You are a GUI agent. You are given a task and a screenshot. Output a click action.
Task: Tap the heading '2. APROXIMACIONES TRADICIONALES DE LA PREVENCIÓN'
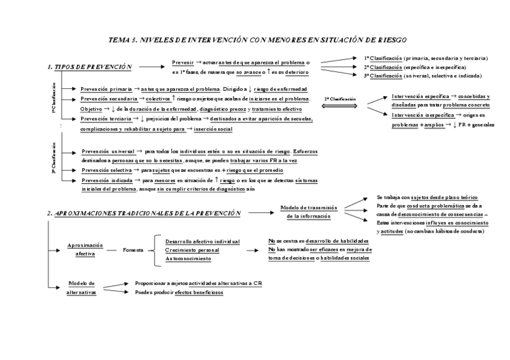click(144, 213)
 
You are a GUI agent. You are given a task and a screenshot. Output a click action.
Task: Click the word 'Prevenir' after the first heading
click(183, 63)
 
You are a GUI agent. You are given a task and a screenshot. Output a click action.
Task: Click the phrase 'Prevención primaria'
click(106, 88)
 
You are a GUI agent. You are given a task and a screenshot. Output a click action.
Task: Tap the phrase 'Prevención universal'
click(106, 151)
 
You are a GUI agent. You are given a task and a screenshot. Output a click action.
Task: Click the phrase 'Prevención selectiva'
click(106, 171)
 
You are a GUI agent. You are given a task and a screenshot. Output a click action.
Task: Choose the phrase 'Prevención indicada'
click(106, 180)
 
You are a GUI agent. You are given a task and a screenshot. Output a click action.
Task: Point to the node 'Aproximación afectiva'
click(85, 249)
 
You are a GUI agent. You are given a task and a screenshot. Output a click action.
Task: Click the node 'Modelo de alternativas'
click(82, 287)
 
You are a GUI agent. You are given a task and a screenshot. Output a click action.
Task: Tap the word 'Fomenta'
click(132, 249)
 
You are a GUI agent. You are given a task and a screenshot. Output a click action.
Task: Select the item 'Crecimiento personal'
click(192, 249)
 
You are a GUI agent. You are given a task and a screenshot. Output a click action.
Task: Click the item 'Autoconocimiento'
click(188, 258)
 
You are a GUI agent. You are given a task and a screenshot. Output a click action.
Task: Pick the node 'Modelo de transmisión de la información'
click(309, 212)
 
